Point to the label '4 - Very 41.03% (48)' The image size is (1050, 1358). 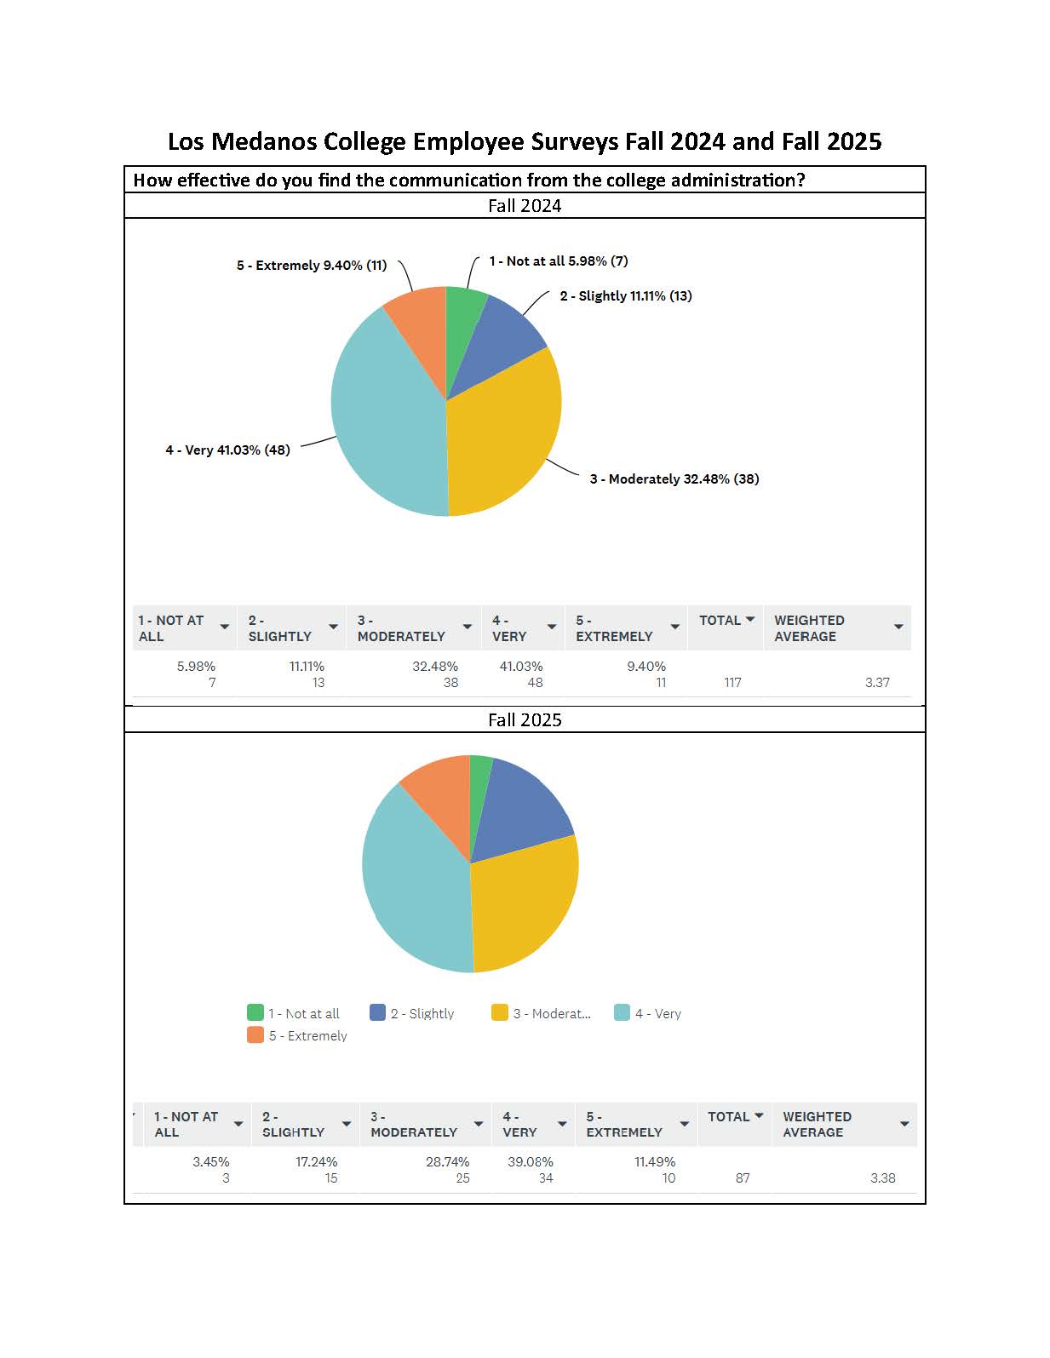coord(227,450)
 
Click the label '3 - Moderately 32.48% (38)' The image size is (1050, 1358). coord(674,478)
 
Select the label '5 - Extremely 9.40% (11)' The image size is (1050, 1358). coord(311,265)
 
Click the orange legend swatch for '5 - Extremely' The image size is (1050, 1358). coord(255,1035)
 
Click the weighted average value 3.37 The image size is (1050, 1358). coord(876,682)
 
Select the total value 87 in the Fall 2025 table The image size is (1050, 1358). coord(742,1178)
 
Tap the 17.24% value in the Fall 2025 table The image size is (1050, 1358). coord(316,1161)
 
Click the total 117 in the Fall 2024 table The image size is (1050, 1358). coord(732,682)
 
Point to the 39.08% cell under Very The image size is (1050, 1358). coord(530,1161)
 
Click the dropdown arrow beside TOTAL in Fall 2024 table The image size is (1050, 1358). coord(749,620)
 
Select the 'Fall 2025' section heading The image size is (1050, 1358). coord(525,719)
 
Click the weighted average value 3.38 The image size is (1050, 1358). coord(882,1178)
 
